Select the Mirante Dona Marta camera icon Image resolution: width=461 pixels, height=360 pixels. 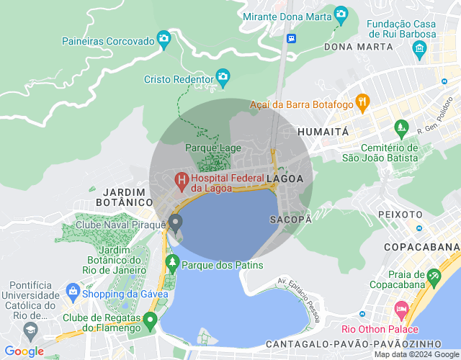pos(341,14)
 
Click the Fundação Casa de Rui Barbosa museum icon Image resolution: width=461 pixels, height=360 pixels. pos(419,48)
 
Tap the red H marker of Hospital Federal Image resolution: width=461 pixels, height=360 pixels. pos(182,178)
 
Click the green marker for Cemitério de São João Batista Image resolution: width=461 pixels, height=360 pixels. pos(401,130)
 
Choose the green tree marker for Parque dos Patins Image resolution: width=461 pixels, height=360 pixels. pos(172,262)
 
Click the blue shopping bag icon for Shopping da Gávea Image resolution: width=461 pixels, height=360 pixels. pos(72,292)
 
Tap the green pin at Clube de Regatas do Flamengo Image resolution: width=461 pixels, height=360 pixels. pos(150,319)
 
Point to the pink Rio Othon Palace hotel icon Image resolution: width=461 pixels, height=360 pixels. pos(400,310)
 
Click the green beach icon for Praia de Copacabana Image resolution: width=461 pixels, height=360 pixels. pos(434,276)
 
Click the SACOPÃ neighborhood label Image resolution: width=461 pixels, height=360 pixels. pos(290,218)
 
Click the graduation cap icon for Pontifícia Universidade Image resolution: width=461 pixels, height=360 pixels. pos(30,331)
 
